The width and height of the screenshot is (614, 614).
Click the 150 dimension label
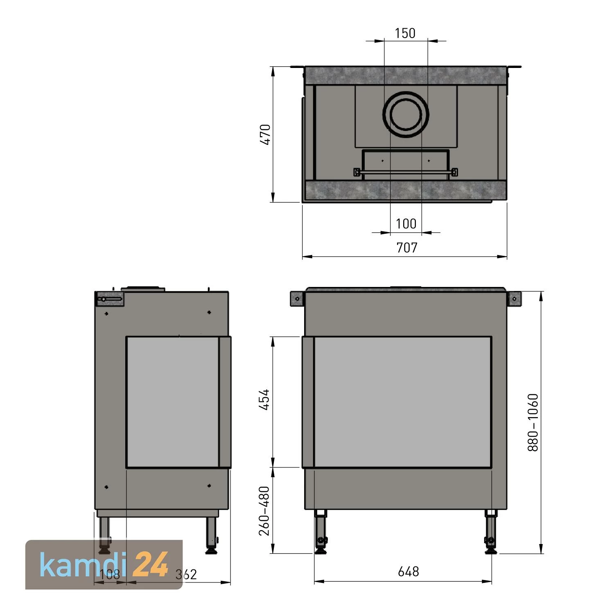405,33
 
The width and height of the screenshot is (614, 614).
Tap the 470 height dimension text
265,134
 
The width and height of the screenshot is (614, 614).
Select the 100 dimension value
406,223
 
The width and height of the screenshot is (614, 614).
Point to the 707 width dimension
407,248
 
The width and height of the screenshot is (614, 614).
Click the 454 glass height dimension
265,400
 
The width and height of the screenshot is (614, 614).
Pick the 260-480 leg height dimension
265,510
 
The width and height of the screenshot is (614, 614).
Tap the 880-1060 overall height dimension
533,422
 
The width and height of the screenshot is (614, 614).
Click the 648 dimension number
409,571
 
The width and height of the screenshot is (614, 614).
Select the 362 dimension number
186,575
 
